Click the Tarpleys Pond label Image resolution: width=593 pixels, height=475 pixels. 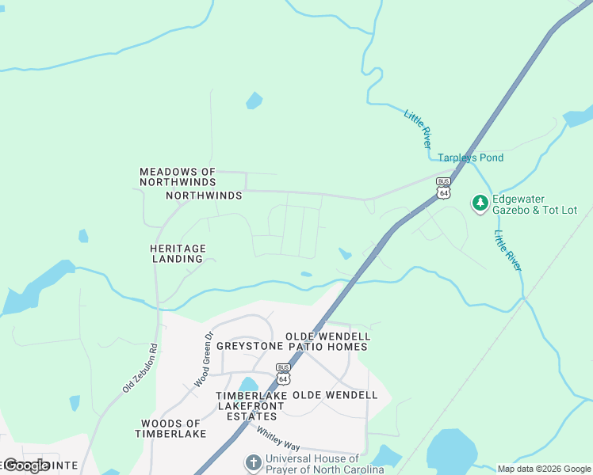(x=471, y=158)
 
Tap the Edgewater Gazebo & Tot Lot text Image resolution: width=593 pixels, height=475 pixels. (x=536, y=204)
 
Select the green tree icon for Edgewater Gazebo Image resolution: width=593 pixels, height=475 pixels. (x=480, y=203)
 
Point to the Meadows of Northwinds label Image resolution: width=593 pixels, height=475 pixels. (x=178, y=177)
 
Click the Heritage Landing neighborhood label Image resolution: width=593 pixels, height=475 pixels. (x=178, y=253)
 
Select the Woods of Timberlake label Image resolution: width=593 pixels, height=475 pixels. (x=170, y=428)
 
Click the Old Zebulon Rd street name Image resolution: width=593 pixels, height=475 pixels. (x=140, y=368)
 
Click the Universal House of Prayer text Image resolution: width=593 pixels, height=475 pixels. (x=324, y=464)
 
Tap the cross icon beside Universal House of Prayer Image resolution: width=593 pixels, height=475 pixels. (x=253, y=462)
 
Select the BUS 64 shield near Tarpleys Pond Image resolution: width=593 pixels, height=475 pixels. (x=443, y=188)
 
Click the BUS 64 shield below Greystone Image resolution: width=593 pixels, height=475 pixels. (x=283, y=373)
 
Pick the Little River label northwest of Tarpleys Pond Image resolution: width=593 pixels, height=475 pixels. (x=418, y=129)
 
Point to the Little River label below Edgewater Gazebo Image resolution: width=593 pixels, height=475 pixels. (x=507, y=251)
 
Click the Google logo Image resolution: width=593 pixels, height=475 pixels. (x=26, y=465)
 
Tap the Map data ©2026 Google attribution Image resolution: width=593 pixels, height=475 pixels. (x=544, y=469)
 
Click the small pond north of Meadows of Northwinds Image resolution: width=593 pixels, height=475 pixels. (x=254, y=101)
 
